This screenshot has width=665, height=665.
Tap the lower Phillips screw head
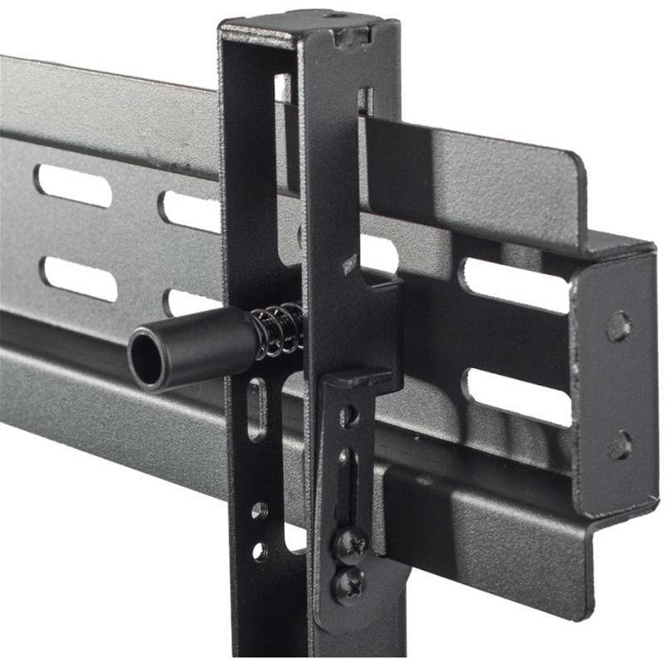pos(348,584)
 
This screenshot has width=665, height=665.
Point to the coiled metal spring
pos(277,330)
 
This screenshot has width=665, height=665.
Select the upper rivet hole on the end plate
pos(618,325)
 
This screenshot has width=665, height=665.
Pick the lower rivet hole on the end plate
pos(620,446)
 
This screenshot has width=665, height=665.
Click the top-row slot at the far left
pos(73,185)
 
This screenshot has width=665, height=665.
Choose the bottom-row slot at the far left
pos(79,279)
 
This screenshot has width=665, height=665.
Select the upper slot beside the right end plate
pos(516,285)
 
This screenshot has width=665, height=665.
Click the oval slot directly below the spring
pos(258,409)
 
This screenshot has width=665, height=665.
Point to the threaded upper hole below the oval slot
pos(259,510)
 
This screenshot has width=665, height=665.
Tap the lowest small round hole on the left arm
pos(260,550)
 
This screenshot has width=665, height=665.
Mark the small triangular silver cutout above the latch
pos(349,266)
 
